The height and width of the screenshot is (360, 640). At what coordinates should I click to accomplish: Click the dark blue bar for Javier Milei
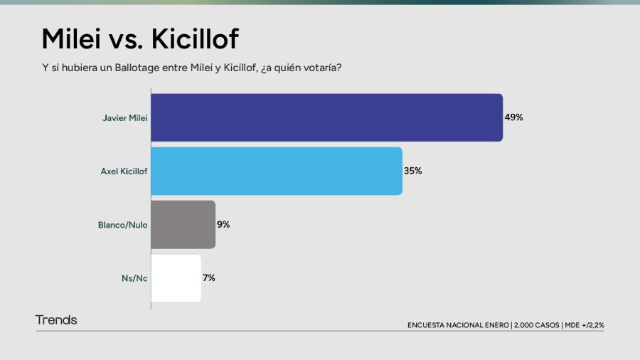327,117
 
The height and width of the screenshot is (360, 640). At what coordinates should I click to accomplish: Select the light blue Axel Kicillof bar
277,171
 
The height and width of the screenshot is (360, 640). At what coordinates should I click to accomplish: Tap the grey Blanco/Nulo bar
183,225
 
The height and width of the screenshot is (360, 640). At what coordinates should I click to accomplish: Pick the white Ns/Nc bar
176,278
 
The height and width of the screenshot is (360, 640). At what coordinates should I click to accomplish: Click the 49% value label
513,117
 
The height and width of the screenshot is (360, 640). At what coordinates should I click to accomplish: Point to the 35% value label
412,171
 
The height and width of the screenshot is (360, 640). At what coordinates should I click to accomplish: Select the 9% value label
223,225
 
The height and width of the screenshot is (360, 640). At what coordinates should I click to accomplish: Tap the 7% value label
209,278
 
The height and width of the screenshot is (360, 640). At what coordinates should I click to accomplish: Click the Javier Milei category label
125,118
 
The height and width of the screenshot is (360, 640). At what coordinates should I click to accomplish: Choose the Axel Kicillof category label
124,171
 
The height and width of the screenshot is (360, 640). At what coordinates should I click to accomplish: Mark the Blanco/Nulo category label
122,225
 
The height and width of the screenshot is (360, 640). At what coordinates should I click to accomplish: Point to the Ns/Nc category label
134,278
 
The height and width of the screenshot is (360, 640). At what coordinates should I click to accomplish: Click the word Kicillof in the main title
195,39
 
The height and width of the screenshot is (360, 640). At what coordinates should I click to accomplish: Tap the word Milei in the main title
71,39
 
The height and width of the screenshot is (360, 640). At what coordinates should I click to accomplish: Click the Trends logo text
56,320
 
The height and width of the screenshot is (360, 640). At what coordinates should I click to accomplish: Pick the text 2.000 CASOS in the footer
536,325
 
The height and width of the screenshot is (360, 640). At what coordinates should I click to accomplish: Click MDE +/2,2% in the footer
585,325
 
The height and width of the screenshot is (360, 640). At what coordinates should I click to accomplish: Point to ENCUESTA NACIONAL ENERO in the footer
458,325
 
